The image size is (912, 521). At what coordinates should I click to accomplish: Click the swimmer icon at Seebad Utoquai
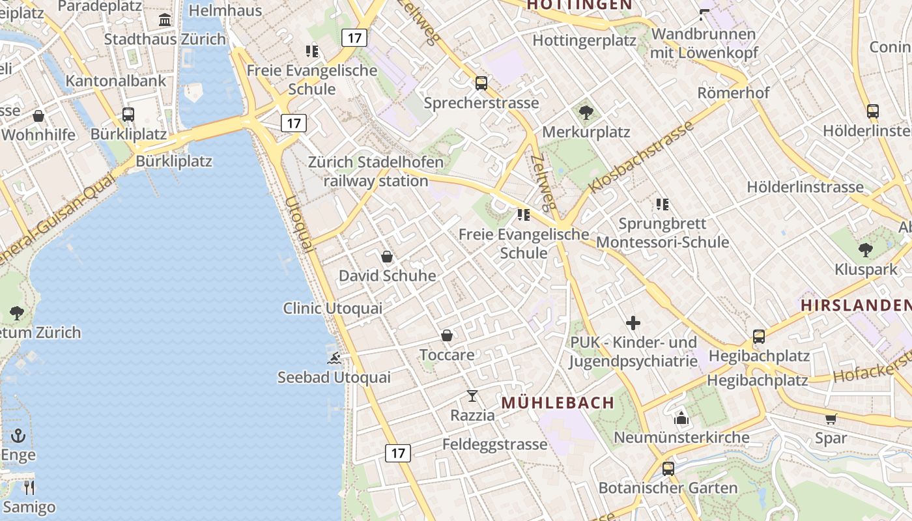[334, 358]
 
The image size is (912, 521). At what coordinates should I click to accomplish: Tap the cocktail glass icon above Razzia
[472, 395]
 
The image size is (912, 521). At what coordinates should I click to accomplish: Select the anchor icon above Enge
[18, 436]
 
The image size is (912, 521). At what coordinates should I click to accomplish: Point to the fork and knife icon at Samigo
[29, 487]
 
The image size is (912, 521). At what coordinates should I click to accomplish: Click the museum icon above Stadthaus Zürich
[165, 20]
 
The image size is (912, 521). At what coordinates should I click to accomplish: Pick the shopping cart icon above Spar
[831, 419]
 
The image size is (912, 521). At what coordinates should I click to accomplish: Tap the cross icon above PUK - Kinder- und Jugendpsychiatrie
[633, 323]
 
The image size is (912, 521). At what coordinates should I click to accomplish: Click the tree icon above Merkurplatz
[586, 113]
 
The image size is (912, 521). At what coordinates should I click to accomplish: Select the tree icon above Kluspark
[865, 249]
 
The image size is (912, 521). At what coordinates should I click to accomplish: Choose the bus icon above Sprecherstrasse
[481, 83]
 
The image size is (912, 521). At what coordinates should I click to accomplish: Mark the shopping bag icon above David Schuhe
[387, 257]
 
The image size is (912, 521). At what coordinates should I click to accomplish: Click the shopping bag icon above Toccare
[447, 335]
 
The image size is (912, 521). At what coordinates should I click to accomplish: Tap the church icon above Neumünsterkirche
[681, 418]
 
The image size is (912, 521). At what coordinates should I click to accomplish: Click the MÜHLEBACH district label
[558, 402]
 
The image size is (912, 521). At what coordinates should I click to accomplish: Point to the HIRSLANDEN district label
[855, 305]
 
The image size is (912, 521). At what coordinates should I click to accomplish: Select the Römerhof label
[734, 92]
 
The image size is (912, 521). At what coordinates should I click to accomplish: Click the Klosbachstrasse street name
[641, 158]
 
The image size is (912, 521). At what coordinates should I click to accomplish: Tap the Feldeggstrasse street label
[495, 444]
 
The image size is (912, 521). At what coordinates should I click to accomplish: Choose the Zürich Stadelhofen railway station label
[376, 172]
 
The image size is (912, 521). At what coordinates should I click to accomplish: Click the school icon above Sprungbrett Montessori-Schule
[663, 204]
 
